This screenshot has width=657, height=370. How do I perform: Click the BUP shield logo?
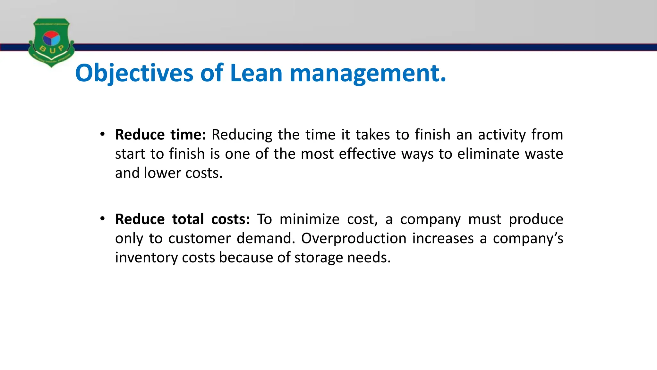(x=51, y=43)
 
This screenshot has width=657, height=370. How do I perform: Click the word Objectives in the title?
(x=134, y=73)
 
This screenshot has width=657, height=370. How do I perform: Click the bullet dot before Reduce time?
(x=102, y=134)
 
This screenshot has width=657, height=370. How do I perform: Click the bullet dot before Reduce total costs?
(x=102, y=219)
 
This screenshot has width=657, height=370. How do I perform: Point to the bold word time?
(x=188, y=135)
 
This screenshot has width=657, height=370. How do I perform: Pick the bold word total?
(x=188, y=219)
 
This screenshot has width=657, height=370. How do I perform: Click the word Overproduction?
(x=354, y=238)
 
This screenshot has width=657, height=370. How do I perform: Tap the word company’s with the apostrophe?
(x=528, y=238)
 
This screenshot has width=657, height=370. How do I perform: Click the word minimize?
(x=309, y=219)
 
